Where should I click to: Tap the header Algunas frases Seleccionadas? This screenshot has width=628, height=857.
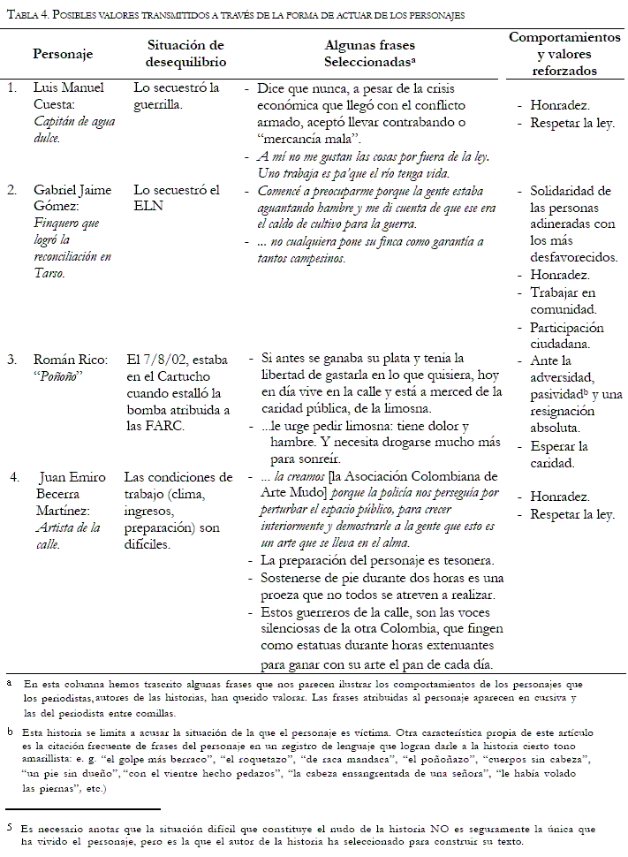coord(370,54)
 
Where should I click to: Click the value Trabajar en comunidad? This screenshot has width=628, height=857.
coord(564,300)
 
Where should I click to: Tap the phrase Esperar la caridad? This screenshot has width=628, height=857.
coord(559,454)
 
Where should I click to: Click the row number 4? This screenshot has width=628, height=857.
coord(14,478)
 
